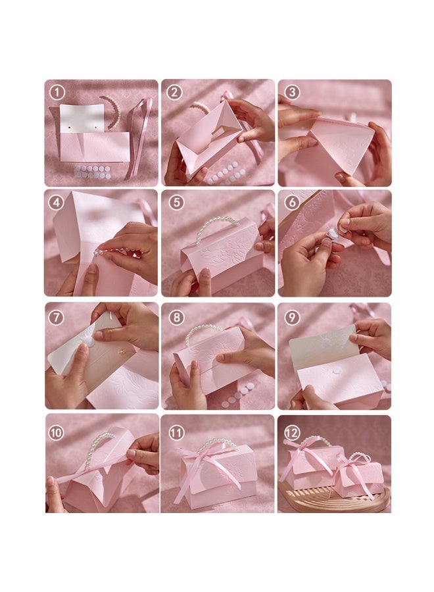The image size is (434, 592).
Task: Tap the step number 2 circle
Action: [174, 92]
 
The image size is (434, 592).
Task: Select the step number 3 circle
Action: [291, 92]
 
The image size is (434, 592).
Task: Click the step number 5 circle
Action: [174, 203]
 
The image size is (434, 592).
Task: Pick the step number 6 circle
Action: [291, 203]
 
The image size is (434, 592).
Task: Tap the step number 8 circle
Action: [176, 317]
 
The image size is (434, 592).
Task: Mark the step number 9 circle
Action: [291, 317]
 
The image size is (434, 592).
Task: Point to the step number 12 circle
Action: [292, 432]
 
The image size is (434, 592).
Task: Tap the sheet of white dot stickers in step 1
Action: [93, 172]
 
